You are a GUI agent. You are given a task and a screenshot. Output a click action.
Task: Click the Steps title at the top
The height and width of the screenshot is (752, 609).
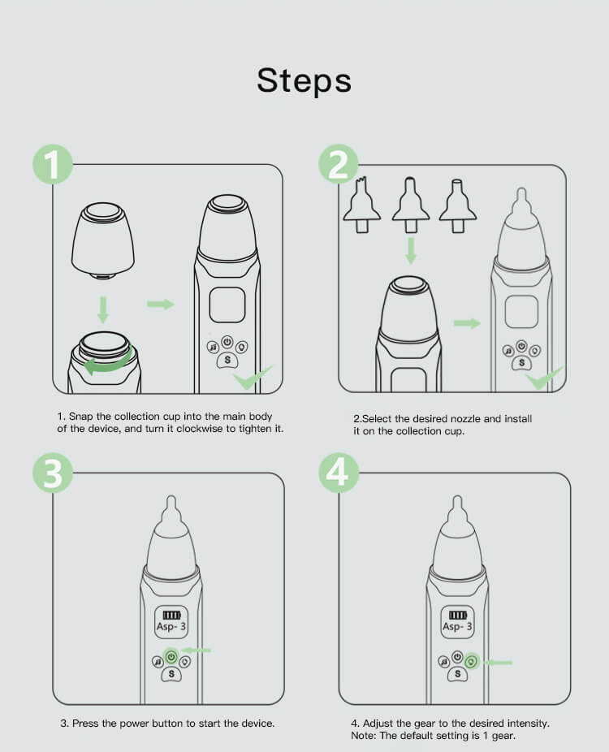point(304,80)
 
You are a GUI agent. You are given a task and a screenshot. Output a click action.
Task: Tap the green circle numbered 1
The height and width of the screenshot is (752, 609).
point(53,164)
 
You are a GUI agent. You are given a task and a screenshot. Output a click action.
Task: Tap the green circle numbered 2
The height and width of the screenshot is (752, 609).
point(339,164)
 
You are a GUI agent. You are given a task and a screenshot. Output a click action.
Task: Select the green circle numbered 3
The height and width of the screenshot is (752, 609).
point(53,473)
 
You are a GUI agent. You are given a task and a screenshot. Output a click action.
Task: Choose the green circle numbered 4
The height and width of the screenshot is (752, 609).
point(339,473)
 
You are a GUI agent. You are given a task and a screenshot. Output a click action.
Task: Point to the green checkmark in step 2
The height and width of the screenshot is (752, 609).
point(544,378)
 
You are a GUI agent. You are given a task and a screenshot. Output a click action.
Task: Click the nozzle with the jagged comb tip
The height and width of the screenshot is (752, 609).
point(362,205)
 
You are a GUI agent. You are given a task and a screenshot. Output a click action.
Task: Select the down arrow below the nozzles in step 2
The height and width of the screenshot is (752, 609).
point(411,250)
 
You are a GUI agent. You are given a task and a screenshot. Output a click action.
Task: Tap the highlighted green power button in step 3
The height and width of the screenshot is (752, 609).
point(171,655)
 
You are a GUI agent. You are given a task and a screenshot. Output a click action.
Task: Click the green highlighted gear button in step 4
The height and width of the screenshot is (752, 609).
point(472,663)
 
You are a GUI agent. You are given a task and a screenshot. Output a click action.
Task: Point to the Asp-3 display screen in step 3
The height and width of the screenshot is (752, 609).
point(171,622)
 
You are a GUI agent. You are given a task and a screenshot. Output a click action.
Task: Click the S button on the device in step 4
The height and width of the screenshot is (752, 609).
point(457,674)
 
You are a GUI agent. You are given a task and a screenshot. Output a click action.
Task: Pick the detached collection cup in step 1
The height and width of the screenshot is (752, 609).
point(102,240)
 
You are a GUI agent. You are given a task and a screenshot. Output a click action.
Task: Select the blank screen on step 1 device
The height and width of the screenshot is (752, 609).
point(227,305)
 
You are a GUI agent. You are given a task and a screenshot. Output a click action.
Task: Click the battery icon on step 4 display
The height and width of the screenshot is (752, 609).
point(457,615)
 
